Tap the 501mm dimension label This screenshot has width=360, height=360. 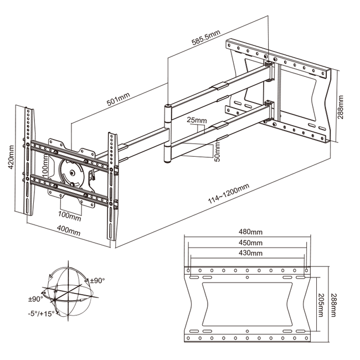(x=118, y=99)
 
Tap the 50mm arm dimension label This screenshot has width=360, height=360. (x=217, y=151)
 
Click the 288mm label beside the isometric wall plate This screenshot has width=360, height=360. (x=341, y=106)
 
